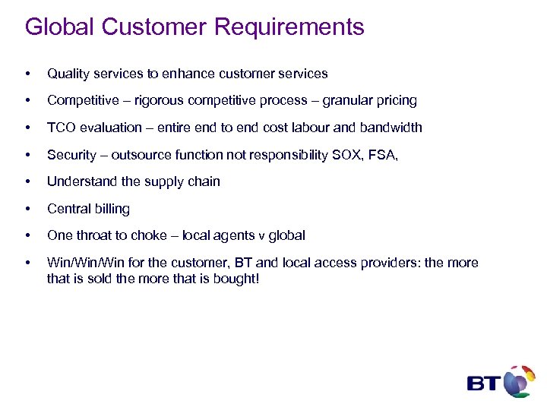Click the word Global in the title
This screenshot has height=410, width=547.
tap(59, 27)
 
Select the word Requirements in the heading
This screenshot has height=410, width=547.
tap(289, 28)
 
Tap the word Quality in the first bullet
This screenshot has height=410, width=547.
tap(68, 74)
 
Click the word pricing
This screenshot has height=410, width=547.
tap(394, 101)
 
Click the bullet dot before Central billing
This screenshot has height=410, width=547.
tap(28, 209)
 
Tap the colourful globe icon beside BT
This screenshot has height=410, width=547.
tap(519, 380)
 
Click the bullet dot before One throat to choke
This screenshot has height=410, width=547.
tap(28, 235)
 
